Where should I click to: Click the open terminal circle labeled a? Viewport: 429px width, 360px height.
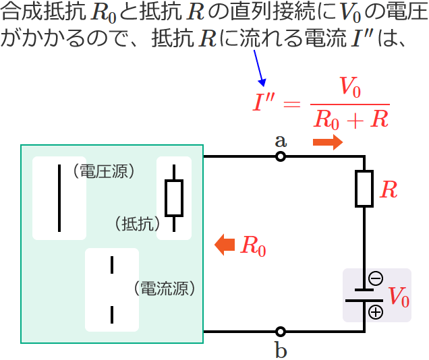point(281,157)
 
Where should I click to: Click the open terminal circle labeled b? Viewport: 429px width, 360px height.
point(281,332)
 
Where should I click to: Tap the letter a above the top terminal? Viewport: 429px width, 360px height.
point(281,141)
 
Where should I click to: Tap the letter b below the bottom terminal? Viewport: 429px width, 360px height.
point(281,350)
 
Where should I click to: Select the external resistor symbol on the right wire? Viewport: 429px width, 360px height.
point(365,189)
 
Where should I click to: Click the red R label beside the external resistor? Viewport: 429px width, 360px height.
point(389,190)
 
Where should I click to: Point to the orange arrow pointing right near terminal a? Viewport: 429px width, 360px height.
point(328,142)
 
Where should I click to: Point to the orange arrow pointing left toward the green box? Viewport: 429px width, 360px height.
point(224,245)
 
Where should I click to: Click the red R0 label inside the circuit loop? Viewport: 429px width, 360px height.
point(253,245)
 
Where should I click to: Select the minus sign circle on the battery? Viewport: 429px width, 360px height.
point(376,278)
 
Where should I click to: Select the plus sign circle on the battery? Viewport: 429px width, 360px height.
point(376,311)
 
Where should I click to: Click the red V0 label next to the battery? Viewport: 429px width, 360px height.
point(398,296)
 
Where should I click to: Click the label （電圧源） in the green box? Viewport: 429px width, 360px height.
point(106,171)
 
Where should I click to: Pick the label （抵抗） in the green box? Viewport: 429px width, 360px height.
point(136,222)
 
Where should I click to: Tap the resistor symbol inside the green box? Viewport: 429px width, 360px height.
point(174,198)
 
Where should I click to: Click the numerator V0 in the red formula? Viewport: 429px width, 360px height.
point(351,88)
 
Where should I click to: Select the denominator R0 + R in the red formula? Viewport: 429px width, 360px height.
point(351,119)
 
